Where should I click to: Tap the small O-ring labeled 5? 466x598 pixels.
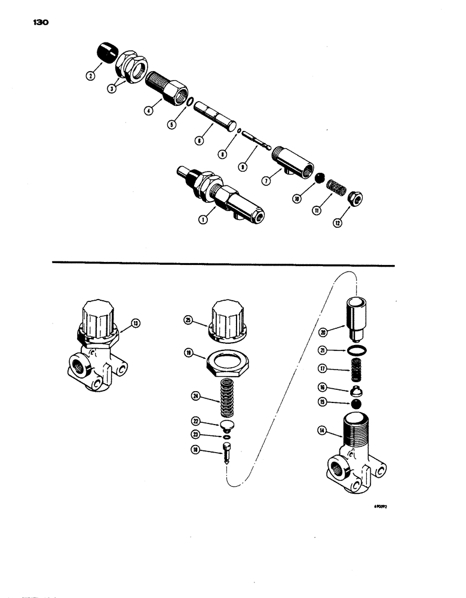[x=189, y=103]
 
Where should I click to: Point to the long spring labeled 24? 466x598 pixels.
[x=226, y=400]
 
